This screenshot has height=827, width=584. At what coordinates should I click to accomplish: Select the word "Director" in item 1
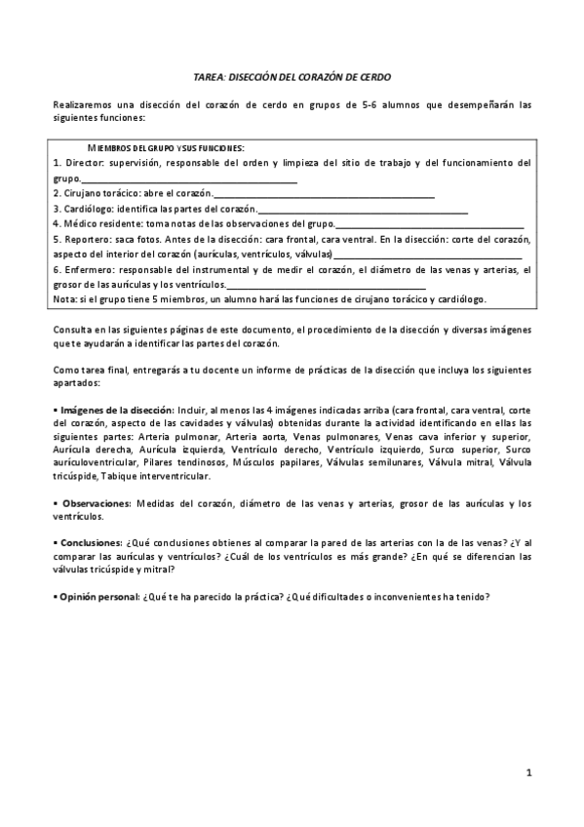[84, 162]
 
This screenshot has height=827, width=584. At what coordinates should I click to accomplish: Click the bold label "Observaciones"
[94, 502]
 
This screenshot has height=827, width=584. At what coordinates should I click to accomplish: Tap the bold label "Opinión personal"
[99, 596]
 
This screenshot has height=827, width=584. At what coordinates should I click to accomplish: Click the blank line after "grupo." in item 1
[190, 179]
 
